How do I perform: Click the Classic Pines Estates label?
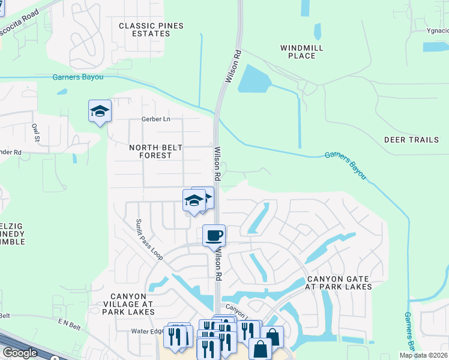(151, 29)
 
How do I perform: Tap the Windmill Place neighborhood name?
(298, 52)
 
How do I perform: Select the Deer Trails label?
(412, 140)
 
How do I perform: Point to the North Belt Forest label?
(150, 151)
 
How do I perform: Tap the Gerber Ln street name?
(156, 119)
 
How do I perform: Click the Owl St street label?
(37, 132)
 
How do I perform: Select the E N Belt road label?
(68, 322)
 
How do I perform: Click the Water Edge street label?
(148, 331)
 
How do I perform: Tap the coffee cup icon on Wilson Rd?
(213, 235)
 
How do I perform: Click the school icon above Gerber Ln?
(100, 111)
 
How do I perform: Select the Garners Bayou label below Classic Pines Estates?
(79, 77)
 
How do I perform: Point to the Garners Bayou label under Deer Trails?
(346, 165)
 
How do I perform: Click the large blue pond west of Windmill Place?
(256, 79)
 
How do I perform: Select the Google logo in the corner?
(20, 353)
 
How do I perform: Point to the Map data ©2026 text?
(423, 355)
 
